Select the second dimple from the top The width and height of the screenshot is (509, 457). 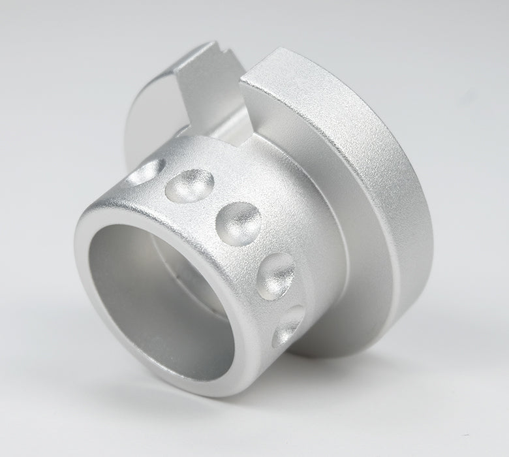point(190,185)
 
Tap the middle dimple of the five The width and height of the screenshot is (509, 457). point(238,222)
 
